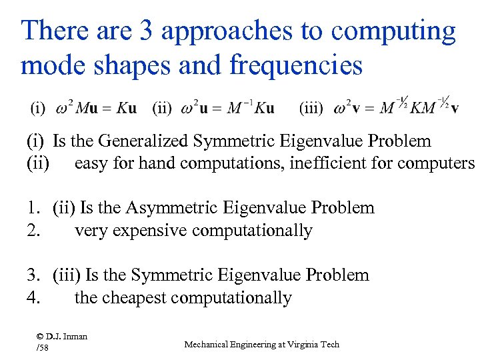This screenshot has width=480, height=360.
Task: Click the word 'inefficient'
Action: (330, 163)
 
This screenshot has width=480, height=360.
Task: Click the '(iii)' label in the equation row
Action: (311, 107)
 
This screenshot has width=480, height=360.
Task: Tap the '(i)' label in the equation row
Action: (38, 107)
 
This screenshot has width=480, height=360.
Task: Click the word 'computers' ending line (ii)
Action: (441, 163)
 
